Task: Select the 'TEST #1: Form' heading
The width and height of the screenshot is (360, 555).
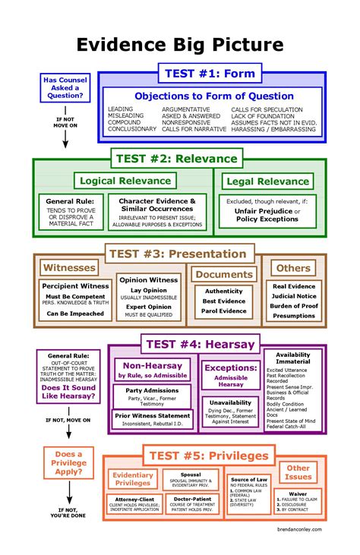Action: [208, 74]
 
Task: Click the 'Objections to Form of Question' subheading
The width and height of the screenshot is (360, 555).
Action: [213, 96]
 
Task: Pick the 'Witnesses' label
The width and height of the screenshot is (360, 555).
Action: [69, 268]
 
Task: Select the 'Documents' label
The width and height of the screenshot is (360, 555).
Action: [223, 274]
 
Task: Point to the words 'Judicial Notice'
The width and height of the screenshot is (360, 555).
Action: [294, 297]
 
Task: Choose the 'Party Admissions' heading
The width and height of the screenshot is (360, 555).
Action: [151, 390]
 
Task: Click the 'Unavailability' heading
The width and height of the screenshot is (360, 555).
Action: [230, 403]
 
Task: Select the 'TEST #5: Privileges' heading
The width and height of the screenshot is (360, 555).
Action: [208, 456]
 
